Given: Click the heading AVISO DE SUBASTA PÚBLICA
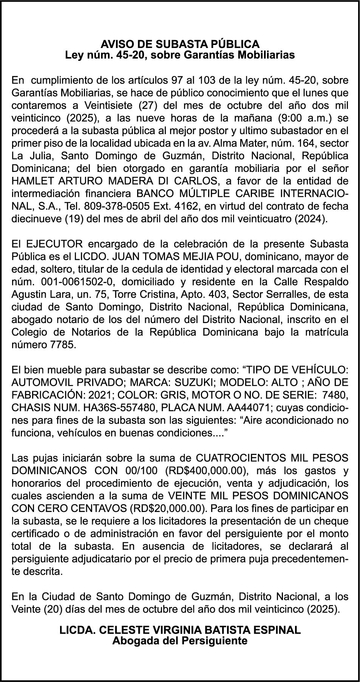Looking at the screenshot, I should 180,44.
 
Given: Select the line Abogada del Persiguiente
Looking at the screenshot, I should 180,641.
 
